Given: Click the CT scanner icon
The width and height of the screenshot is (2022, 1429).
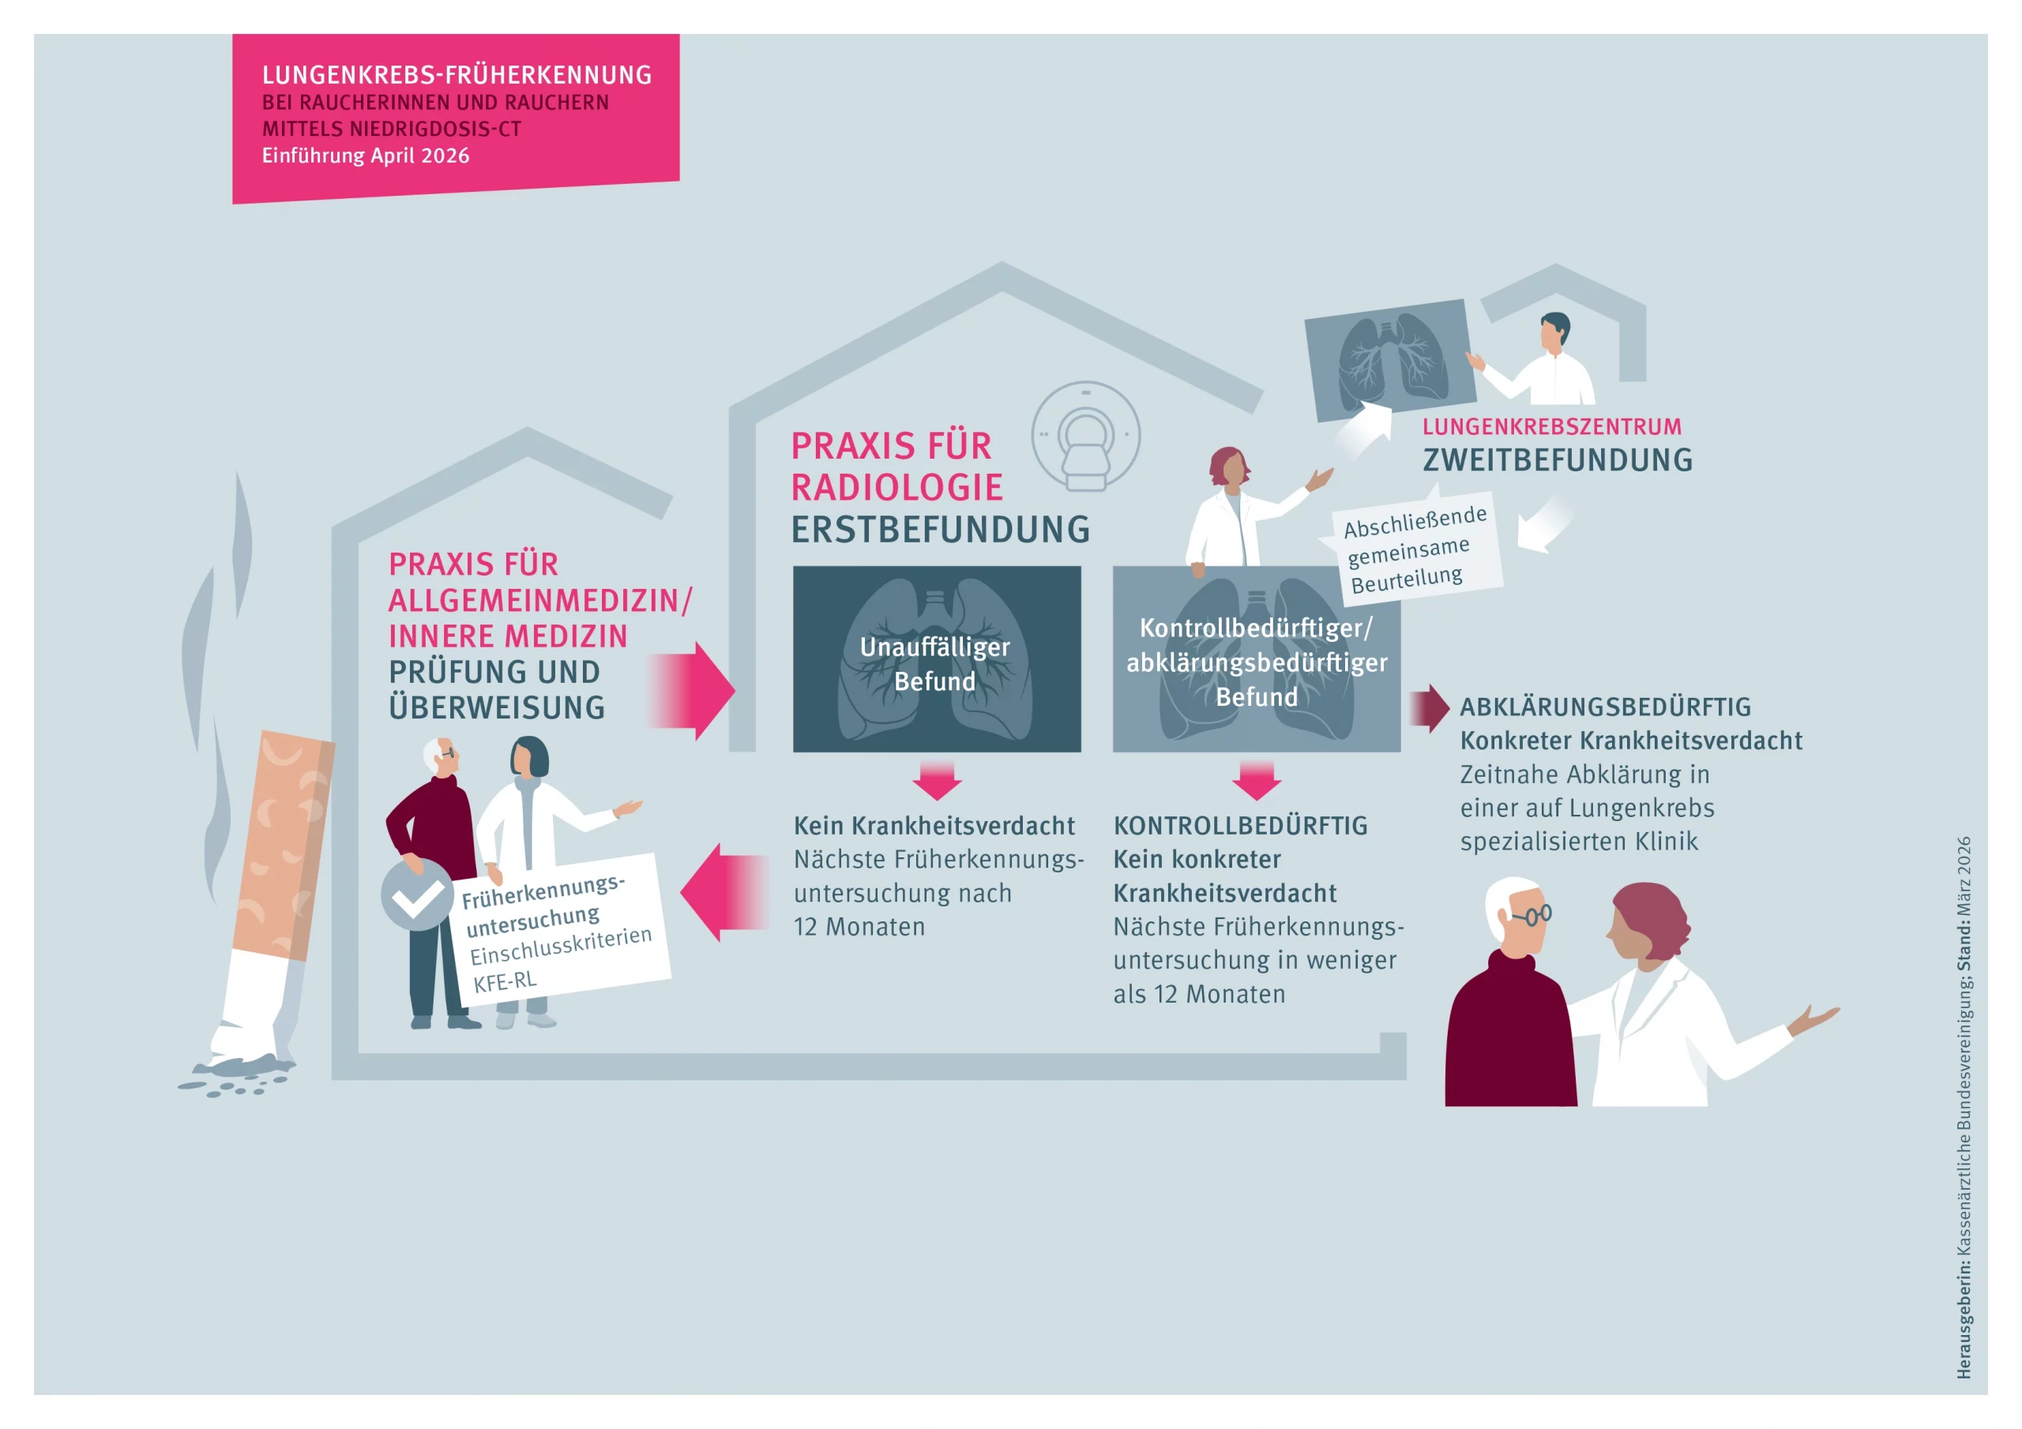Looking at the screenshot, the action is click(1085, 436).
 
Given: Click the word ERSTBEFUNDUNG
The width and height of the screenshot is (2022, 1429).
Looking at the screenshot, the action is click(941, 529).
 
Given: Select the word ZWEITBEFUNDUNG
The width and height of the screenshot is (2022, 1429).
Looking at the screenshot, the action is click(1558, 459).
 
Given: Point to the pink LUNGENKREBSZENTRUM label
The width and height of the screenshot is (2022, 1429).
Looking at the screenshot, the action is click(1552, 427).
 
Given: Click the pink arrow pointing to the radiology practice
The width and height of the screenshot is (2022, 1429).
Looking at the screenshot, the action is click(692, 690).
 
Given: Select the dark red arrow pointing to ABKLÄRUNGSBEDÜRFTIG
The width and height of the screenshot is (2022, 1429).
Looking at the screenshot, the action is click(1430, 708).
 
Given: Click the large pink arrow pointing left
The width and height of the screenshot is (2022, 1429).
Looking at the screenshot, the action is click(725, 893).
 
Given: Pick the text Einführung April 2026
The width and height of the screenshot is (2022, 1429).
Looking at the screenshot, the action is click(366, 156).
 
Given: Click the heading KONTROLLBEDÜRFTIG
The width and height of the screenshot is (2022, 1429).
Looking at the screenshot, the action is click(1240, 826).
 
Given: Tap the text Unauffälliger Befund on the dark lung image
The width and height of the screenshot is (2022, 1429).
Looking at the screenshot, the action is click(935, 664).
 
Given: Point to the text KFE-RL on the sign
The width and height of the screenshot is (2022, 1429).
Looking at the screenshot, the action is click(505, 981).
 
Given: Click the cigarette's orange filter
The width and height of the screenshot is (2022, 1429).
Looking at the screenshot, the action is click(284, 846).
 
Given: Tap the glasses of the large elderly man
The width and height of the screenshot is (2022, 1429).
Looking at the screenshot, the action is click(1534, 916).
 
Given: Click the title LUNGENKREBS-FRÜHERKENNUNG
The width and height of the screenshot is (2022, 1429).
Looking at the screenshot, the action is click(457, 75).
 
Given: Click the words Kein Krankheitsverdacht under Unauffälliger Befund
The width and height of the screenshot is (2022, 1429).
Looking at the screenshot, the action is click(934, 826).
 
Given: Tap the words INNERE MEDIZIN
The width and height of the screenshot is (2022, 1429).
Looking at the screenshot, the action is click(508, 636).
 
